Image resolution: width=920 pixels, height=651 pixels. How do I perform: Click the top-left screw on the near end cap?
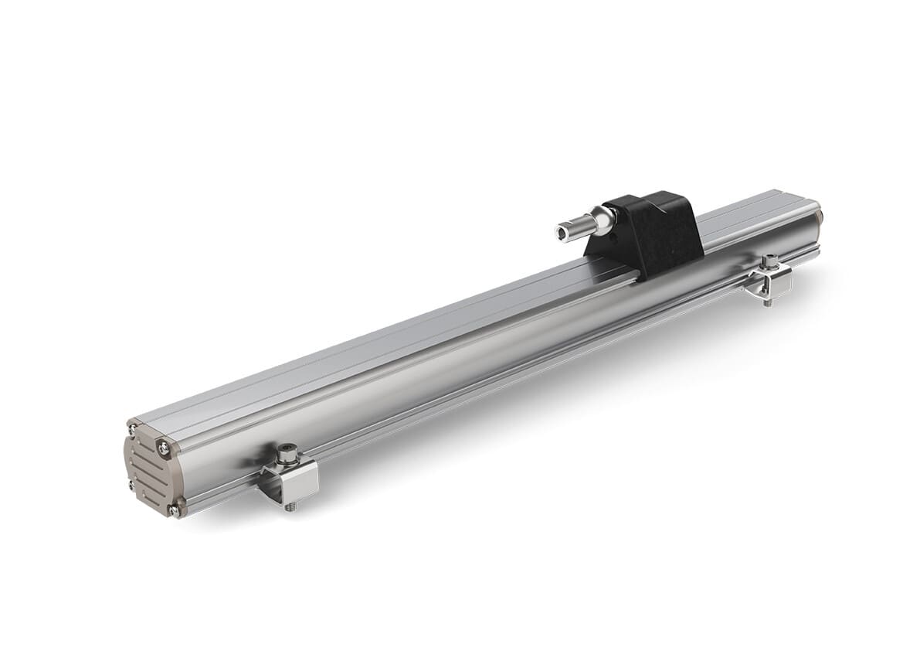132,428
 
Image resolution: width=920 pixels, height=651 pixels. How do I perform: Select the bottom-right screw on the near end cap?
175,510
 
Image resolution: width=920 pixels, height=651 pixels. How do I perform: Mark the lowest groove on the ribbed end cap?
152,495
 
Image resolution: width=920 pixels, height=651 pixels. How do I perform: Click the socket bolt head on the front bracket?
288,451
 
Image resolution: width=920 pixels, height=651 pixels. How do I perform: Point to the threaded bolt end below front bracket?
290,508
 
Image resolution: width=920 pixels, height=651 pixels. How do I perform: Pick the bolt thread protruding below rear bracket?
767,302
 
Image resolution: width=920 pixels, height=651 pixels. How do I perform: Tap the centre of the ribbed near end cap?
150,468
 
